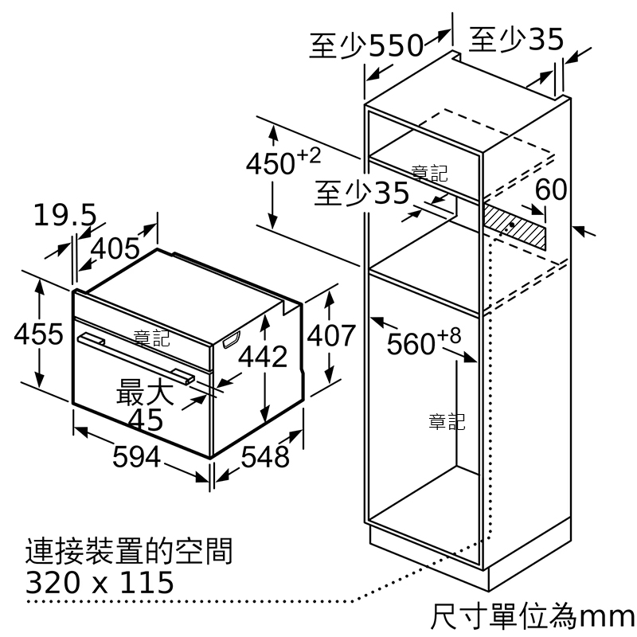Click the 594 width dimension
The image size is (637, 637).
pos(136,456)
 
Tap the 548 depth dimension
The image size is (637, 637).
pos(265,456)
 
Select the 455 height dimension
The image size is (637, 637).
pos(38,334)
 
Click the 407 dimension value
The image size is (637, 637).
pos(330,335)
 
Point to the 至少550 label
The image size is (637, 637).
pos(366,45)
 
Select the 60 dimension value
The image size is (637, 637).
pos(551,190)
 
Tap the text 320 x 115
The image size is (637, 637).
pos(100,583)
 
